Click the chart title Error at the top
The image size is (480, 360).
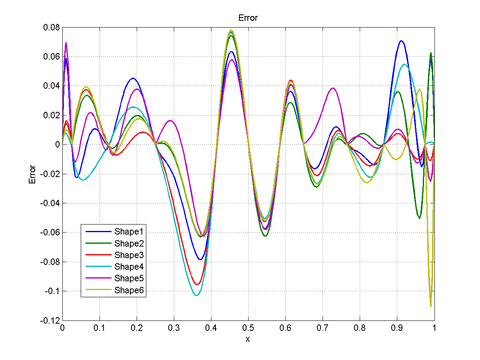[x=248, y=18]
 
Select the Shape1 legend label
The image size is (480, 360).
[x=129, y=231]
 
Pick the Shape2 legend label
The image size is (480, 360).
[x=129, y=243]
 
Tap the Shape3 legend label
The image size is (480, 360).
[x=129, y=255]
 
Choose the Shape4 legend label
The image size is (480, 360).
[x=129, y=267]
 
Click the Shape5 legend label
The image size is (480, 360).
[x=129, y=278]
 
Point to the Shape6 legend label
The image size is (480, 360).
[x=129, y=290]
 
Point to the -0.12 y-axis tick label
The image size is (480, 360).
[x=50, y=320]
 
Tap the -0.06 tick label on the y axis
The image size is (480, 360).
[x=50, y=233]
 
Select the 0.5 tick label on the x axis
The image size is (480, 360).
[x=248, y=328]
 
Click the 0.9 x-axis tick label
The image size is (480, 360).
[x=397, y=328]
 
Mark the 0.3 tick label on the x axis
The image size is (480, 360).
[x=173, y=328]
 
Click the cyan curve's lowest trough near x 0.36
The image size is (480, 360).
[x=196, y=295]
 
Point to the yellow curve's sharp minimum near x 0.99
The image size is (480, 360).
[x=431, y=306]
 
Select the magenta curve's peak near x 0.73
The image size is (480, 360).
[x=333, y=88]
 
